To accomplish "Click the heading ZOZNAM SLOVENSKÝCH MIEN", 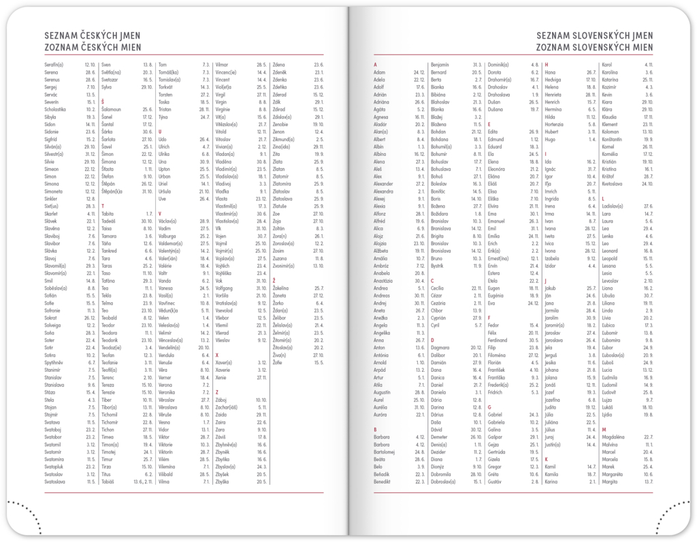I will pyautogui.click(x=594, y=47).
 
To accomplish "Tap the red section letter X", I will pyautogui.click(x=216, y=355).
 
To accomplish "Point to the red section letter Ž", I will pyautogui.click(x=274, y=281).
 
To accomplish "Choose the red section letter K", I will pyautogui.click(x=546, y=458).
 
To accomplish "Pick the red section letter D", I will pyautogui.click(x=432, y=339).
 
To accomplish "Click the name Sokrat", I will pyautogui.click(x=52, y=317).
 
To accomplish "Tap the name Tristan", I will pyautogui.click(x=165, y=109).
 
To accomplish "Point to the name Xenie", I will pyautogui.click(x=221, y=377).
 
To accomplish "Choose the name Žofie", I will pyautogui.click(x=278, y=362).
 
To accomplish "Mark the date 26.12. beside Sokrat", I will pyautogui.click(x=89, y=317).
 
